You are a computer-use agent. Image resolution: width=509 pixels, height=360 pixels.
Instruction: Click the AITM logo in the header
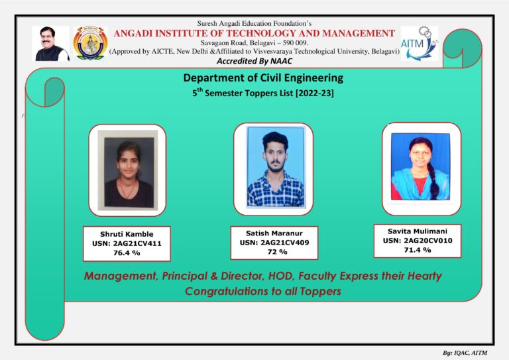[x=419, y=43]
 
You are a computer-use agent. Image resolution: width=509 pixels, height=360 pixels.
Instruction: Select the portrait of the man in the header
[x=51, y=44]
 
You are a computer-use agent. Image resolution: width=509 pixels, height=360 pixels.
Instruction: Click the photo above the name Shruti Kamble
[x=127, y=169]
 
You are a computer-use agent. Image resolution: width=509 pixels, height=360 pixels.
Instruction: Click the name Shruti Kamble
[x=127, y=234]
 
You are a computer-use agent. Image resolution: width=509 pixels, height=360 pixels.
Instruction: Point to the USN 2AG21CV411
[x=127, y=243]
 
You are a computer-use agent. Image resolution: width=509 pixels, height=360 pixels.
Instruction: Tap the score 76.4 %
[x=127, y=253]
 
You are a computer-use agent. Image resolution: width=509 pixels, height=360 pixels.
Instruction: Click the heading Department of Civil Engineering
[x=263, y=79]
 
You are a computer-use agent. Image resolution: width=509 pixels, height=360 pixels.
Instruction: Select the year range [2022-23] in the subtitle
[x=311, y=94]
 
